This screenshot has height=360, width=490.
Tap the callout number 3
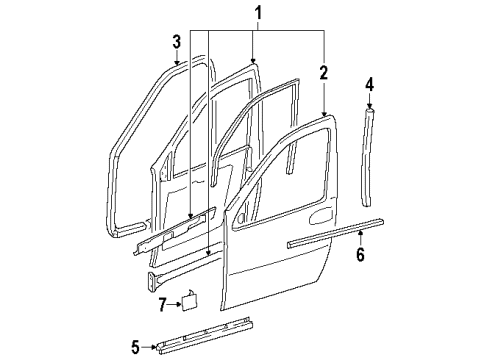click(177, 43)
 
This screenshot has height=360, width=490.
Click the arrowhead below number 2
click(324, 110)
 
